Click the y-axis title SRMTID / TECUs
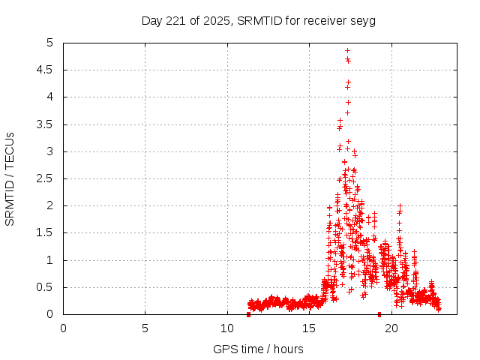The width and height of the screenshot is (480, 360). (x=10, y=178)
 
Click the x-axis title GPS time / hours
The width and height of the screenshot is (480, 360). (x=258, y=349)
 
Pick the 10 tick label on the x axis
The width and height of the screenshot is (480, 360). (x=227, y=328)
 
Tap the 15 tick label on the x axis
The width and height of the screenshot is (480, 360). (x=309, y=328)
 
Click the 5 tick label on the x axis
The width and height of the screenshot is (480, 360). (x=145, y=328)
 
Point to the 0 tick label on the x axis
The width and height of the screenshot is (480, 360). (x=63, y=328)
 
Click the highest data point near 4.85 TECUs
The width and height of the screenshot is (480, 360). (x=347, y=51)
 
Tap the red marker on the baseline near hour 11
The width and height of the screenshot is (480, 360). (x=248, y=314)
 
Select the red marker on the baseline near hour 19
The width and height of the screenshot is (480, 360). (x=379, y=314)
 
